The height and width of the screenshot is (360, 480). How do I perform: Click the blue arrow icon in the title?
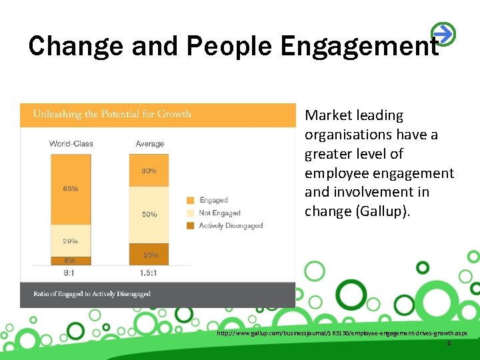click(443, 33)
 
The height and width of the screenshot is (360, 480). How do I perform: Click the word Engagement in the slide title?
click(360, 47)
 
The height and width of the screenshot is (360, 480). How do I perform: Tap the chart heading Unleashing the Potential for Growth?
click(112, 114)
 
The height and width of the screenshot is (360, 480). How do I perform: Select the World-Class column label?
click(71, 144)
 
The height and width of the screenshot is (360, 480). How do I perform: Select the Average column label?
click(149, 144)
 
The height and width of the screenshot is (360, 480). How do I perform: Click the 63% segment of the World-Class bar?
click(71, 189)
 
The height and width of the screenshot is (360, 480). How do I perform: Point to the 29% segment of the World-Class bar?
click(71, 241)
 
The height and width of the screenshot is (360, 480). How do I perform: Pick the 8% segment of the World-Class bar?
click(71, 260)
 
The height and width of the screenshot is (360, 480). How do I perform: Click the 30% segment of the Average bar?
click(149, 171)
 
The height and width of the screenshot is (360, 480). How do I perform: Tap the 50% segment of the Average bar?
click(149, 215)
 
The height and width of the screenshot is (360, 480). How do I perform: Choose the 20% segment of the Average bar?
click(149, 255)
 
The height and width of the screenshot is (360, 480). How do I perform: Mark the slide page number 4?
click(449, 343)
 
